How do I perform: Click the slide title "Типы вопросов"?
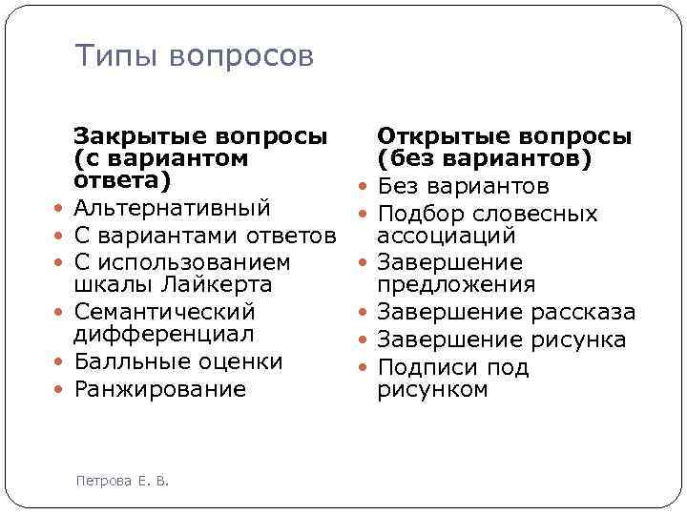tap(194, 57)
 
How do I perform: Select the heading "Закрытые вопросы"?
tap(199, 136)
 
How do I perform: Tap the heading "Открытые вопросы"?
tap(504, 136)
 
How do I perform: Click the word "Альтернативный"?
tap(172, 208)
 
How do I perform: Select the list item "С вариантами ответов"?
tap(204, 236)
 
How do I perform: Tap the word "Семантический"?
tap(164, 312)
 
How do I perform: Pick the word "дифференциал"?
tap(164, 334)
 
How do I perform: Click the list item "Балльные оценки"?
tap(177, 361)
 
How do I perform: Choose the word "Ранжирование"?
tap(159, 389)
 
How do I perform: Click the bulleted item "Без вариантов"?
tap(463, 186)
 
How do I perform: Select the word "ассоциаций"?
tap(447, 235)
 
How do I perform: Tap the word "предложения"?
tap(456, 284)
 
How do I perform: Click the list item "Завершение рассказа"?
tap(506, 312)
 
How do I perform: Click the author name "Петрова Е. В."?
tap(121, 481)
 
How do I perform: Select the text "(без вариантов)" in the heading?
tap(484, 157)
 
